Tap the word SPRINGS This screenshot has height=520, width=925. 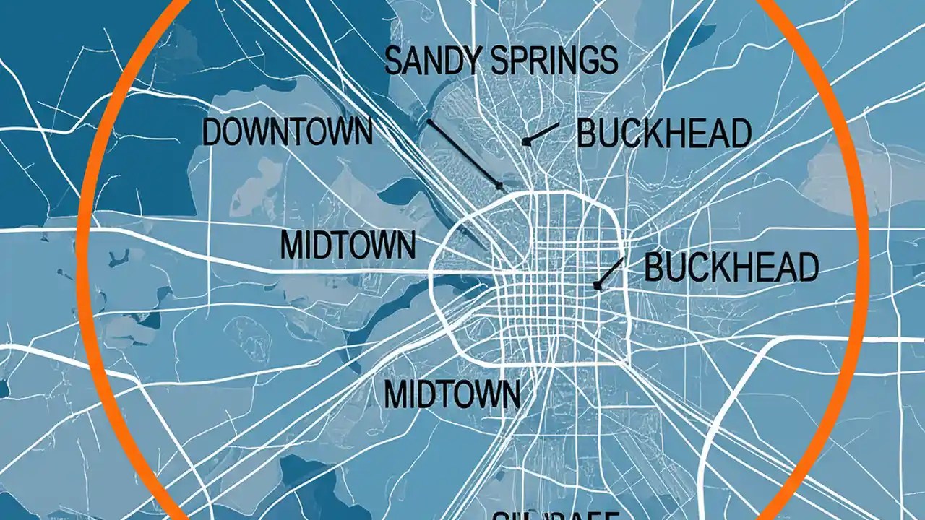coord(554,61)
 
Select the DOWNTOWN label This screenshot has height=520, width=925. coord(287,134)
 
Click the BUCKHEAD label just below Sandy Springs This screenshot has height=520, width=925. coord(664,135)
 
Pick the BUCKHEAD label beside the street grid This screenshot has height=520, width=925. coord(731,268)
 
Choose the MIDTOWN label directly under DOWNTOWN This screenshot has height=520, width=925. coord(348,246)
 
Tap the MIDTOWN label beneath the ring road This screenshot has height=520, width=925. coord(452,394)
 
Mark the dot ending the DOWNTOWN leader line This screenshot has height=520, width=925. coord(499,186)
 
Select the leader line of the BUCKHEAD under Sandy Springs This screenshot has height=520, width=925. coord(542,134)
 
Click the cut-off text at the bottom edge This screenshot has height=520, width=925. coord(556,514)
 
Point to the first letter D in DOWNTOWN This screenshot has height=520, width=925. coord(212,134)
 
